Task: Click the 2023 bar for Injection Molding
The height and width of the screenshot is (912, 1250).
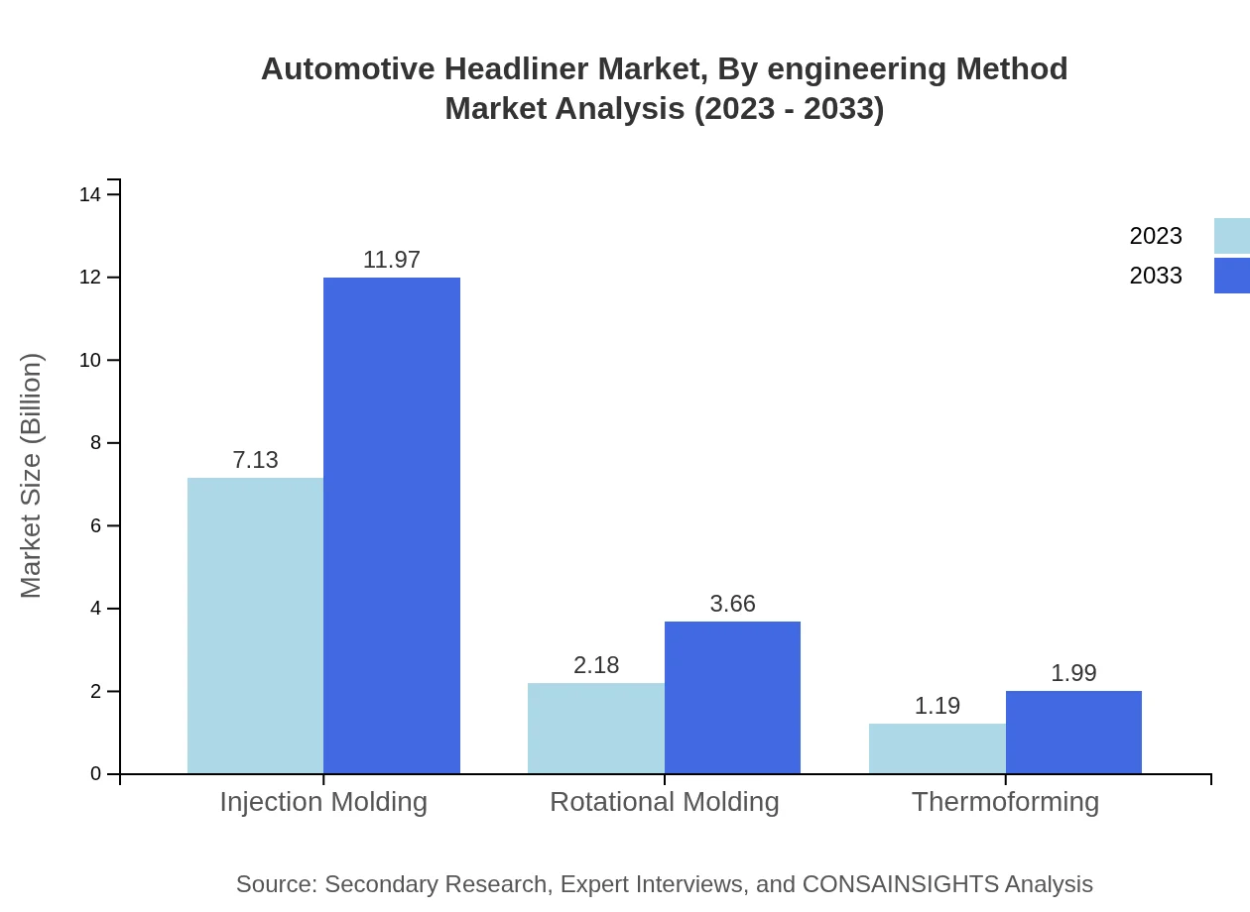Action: pyautogui.click(x=255, y=626)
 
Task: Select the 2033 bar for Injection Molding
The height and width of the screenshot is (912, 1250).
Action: pyautogui.click(x=392, y=525)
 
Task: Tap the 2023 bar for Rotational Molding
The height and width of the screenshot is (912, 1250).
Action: pyautogui.click(x=595, y=728)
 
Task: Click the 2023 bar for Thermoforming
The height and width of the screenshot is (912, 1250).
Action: pyautogui.click(x=937, y=748)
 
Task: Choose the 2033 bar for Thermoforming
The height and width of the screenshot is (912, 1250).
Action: pyautogui.click(x=1073, y=732)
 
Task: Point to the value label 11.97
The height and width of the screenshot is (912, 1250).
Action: pyautogui.click(x=392, y=260)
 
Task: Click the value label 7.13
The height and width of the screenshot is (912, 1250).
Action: pyautogui.click(x=255, y=460)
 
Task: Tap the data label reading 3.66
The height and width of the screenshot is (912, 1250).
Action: pyautogui.click(x=732, y=604)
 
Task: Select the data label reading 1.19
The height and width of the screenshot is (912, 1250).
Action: pyautogui.click(x=937, y=706)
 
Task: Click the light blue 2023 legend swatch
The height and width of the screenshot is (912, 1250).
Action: pyautogui.click(x=1231, y=236)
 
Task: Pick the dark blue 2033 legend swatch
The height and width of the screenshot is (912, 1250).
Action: pyautogui.click(x=1231, y=276)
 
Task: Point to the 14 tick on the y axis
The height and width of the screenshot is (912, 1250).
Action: pyautogui.click(x=90, y=194)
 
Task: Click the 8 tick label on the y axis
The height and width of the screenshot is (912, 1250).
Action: pyautogui.click(x=96, y=443)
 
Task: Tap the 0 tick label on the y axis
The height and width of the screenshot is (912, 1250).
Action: pyautogui.click(x=96, y=773)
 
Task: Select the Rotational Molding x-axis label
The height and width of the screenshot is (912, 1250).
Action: pyautogui.click(x=664, y=801)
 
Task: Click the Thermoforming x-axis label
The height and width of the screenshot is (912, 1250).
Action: pyautogui.click(x=1005, y=801)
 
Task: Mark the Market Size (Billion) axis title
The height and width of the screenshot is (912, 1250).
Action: pyautogui.click(x=32, y=476)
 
